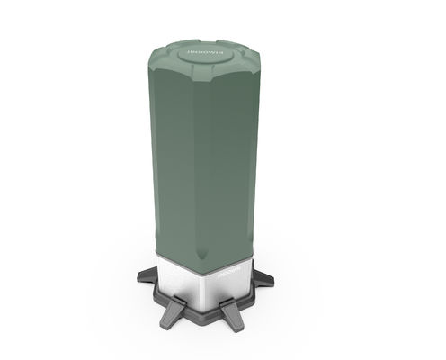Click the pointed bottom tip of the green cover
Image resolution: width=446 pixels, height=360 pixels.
(213, 262)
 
